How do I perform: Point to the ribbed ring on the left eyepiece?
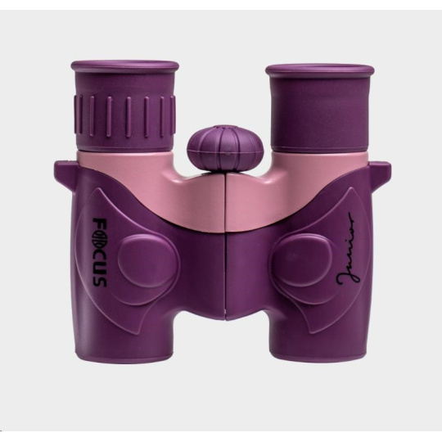[x=124, y=110]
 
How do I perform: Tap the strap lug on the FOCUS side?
[x=66, y=173]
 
